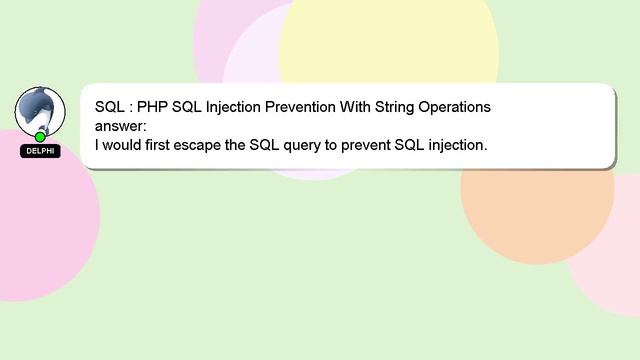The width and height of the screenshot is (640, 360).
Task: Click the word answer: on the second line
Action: pyautogui.click(x=120, y=126)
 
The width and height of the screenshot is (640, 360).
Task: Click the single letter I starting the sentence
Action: pyautogui.click(x=97, y=145)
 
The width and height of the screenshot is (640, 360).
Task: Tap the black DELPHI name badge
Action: pyautogui.click(x=40, y=151)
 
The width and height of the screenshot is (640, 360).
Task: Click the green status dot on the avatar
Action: pyautogui.click(x=40, y=136)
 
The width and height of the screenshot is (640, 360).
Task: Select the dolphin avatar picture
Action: pyautogui.click(x=40, y=110)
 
